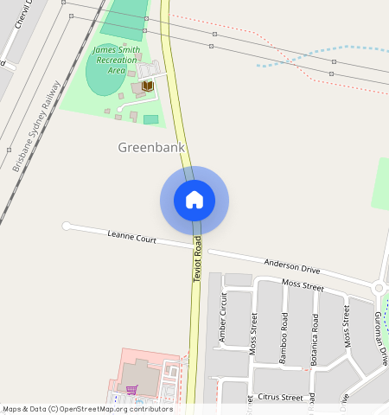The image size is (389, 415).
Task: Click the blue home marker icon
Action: (x=194, y=200)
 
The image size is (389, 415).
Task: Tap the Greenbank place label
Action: (x=151, y=148)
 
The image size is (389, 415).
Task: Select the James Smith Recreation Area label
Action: (x=115, y=61)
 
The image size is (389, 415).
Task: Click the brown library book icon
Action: (x=148, y=86)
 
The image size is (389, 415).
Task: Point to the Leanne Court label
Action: (x=131, y=236)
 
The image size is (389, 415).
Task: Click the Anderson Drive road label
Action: (x=291, y=266)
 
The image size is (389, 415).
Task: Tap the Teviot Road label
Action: (x=197, y=259)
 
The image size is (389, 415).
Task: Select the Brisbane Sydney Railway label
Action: (x=35, y=125)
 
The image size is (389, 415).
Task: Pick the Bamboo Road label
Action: (x=284, y=335)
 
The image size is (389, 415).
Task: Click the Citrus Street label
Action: (x=280, y=398)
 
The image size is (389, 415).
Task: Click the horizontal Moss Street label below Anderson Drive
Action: (x=302, y=285)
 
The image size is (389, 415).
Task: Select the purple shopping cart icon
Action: (x=131, y=389)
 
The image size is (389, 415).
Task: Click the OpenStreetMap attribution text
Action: (x=75, y=408)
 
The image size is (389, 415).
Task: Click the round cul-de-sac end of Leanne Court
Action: (x=67, y=227)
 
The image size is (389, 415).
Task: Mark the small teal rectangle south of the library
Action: (x=150, y=119)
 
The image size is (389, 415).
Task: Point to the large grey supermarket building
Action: (x=138, y=375)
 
